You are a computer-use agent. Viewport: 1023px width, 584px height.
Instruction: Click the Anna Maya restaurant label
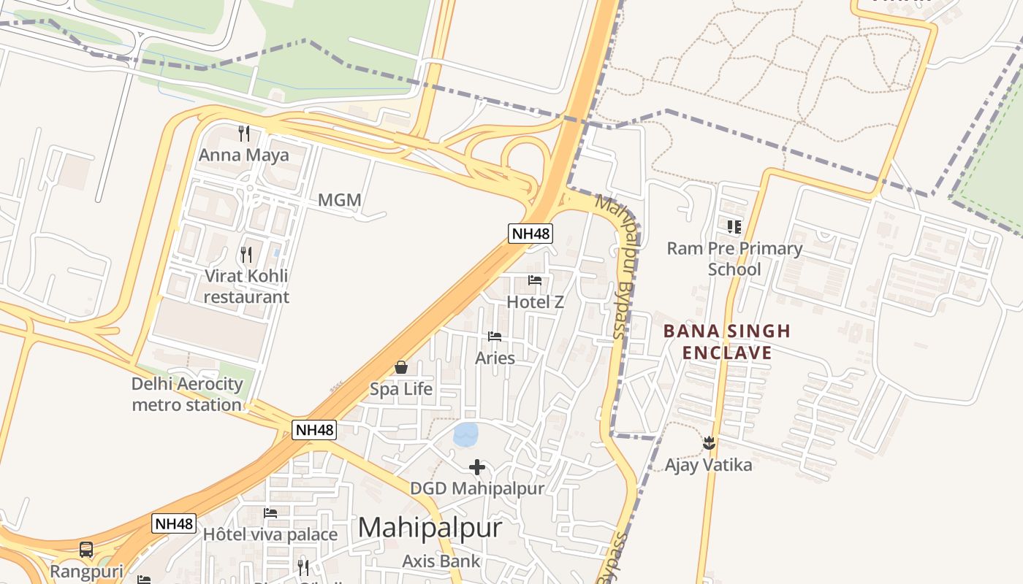(x=244, y=155)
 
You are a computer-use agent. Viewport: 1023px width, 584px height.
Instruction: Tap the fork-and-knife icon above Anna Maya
(x=244, y=134)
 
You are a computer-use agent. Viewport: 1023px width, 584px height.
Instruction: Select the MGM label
(x=339, y=200)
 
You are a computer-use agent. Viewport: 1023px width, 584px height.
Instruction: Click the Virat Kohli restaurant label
(x=246, y=286)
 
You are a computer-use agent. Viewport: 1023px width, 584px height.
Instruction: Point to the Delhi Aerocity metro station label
(x=187, y=394)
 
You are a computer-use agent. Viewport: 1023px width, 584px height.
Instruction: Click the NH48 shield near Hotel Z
(x=530, y=234)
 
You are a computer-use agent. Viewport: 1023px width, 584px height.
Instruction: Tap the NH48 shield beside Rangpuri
(x=174, y=523)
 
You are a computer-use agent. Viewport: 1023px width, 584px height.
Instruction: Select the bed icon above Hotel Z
(x=535, y=280)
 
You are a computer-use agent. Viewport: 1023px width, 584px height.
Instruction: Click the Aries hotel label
(x=495, y=358)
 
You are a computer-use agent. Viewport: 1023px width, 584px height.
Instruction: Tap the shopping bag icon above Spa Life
(x=400, y=367)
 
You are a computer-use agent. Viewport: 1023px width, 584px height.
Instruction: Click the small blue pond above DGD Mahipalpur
(x=465, y=434)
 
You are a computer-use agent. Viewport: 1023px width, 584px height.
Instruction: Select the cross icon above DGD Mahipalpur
(x=477, y=467)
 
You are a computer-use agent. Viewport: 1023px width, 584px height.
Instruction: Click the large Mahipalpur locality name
(x=430, y=528)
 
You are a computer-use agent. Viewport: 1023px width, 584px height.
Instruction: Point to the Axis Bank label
(x=441, y=561)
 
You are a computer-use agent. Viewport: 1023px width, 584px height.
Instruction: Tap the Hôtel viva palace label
(x=270, y=535)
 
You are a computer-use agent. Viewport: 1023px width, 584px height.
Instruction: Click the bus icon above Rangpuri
(x=86, y=550)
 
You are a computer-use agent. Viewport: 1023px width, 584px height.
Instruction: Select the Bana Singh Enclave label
(x=726, y=342)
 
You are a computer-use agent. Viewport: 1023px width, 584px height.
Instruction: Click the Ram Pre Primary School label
(x=734, y=259)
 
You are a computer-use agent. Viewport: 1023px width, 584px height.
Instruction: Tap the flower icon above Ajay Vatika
(x=708, y=442)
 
